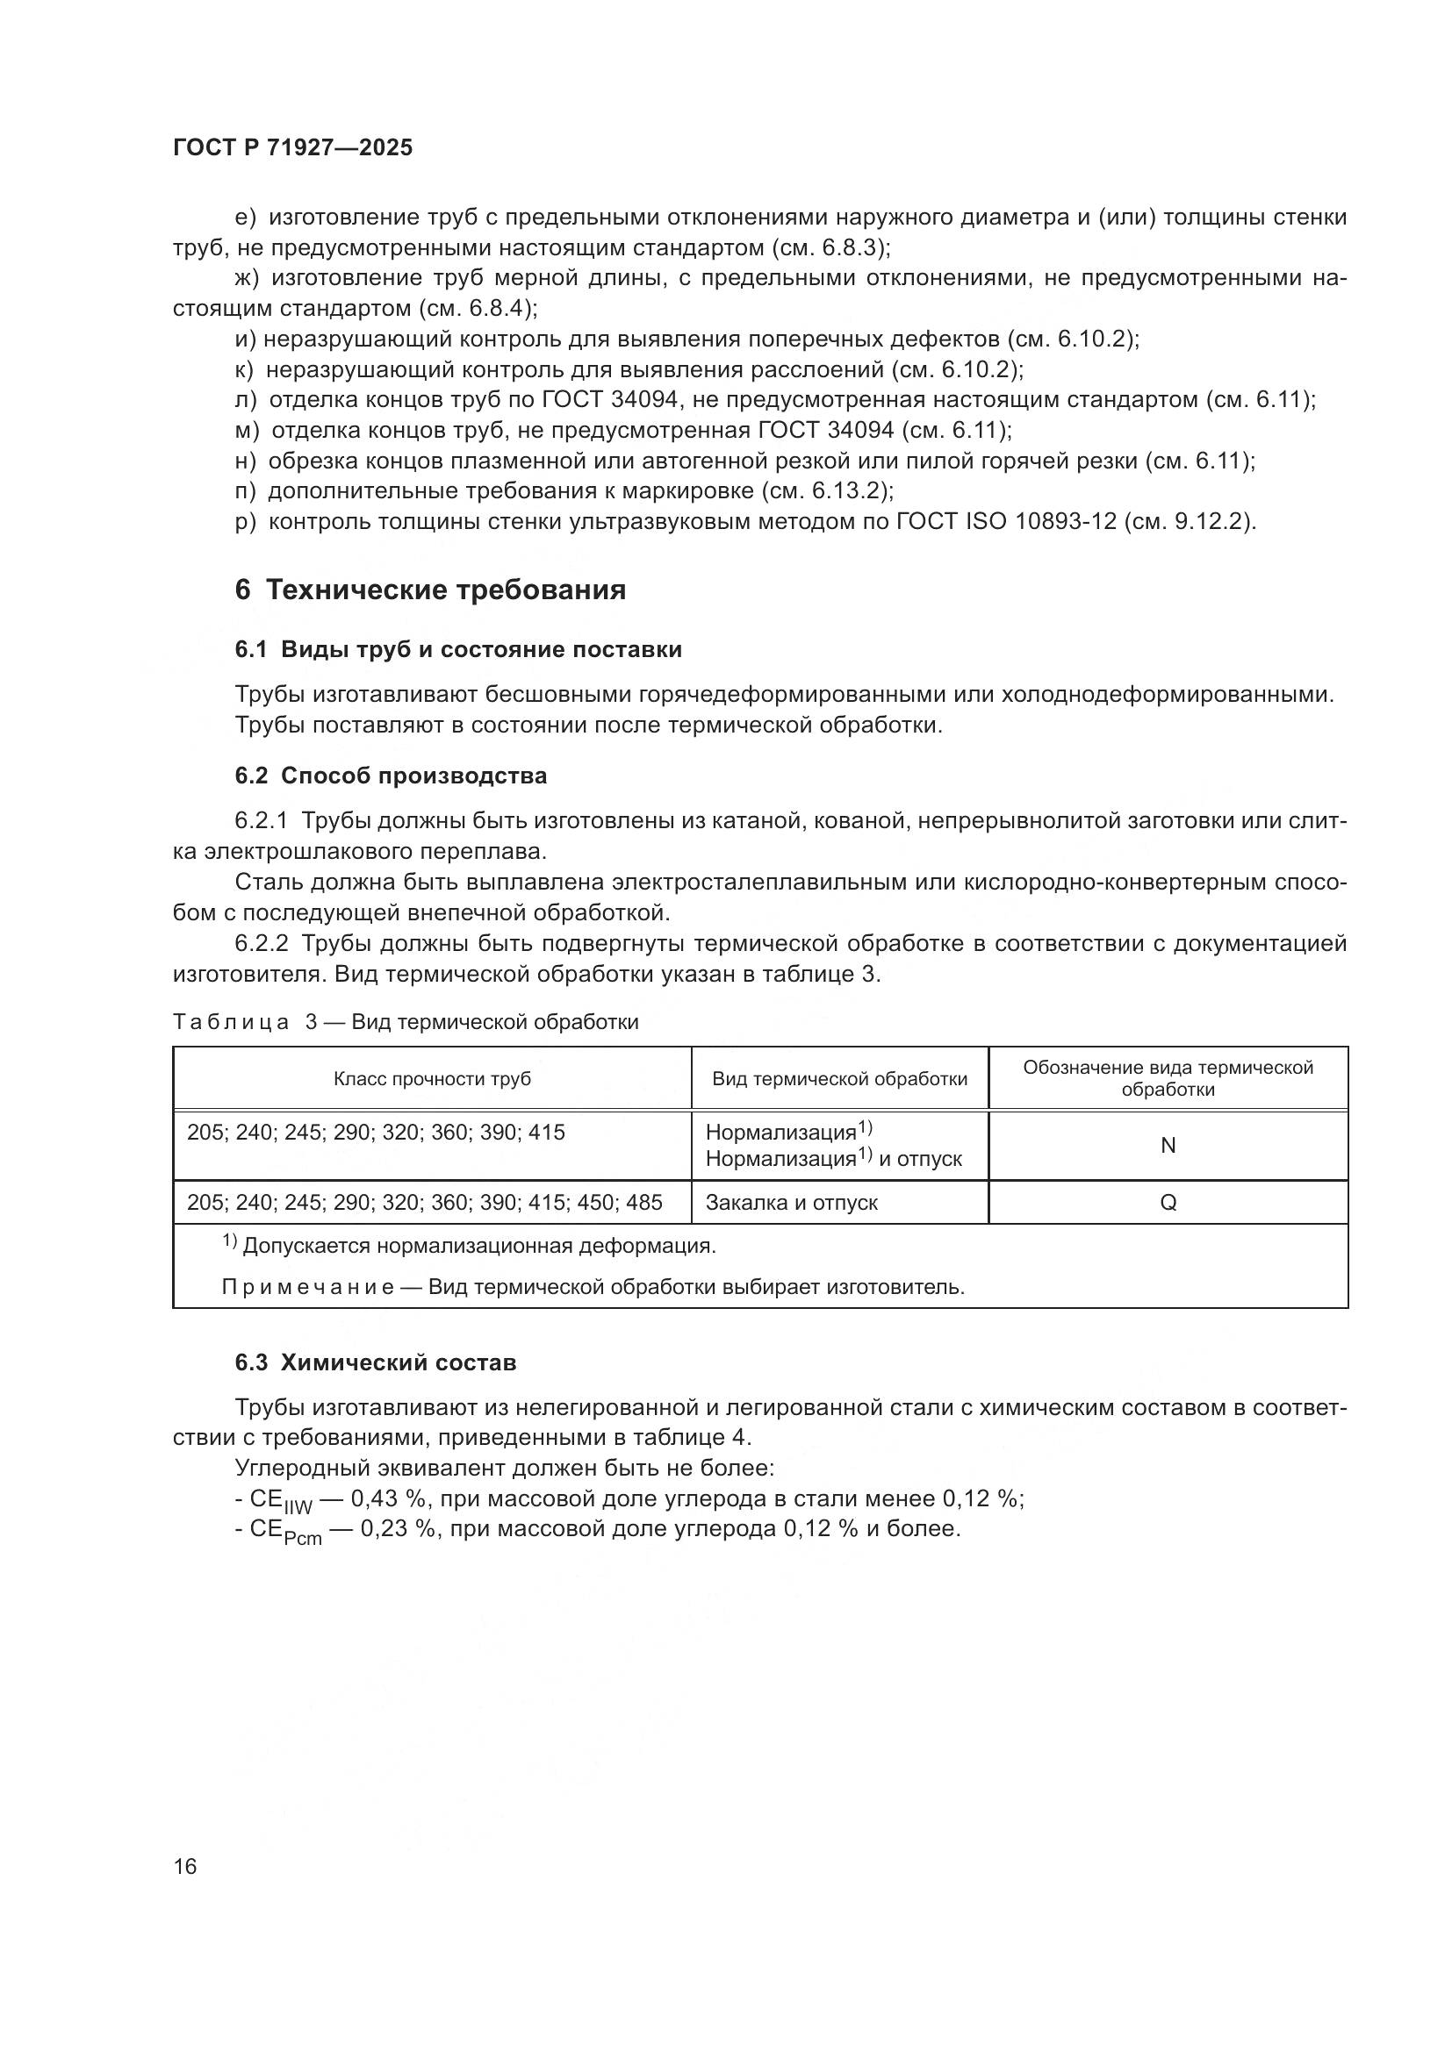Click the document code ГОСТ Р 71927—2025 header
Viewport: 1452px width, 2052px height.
tap(292, 148)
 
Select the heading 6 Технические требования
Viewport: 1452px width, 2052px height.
tap(430, 590)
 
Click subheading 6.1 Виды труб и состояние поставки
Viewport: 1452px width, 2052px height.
tap(457, 650)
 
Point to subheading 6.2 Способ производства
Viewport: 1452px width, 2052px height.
tap(391, 776)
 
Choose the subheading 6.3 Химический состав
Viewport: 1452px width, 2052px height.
tap(376, 1363)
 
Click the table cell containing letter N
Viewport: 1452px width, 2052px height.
tap(1167, 1146)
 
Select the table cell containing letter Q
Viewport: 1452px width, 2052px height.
tap(1167, 1203)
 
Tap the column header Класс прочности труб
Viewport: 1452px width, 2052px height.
tap(432, 1079)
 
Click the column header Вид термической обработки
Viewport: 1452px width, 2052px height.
tap(838, 1079)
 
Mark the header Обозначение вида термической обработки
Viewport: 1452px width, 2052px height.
tap(1167, 1078)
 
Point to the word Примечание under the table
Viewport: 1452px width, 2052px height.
tap(306, 1287)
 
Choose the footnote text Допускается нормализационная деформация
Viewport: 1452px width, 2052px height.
tap(478, 1246)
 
